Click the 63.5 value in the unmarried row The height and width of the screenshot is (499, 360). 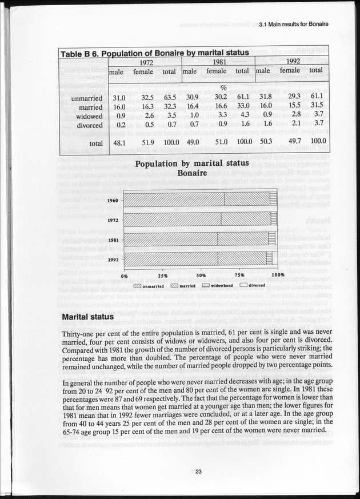169,98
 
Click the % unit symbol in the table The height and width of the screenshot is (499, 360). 224,88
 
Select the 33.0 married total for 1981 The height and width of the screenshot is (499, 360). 242,106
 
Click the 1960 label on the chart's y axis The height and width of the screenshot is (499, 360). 113,200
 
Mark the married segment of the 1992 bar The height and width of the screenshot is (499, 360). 242,258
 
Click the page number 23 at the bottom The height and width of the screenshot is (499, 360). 198,472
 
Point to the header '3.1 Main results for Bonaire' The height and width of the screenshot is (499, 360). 295,25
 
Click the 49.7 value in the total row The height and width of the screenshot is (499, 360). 289,140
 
